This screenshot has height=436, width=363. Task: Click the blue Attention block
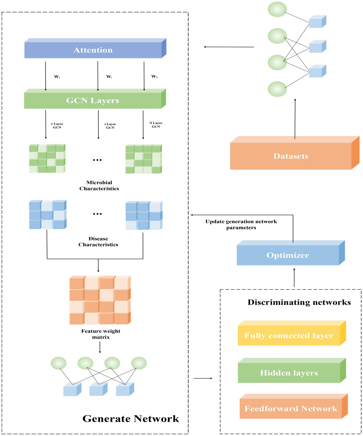93,50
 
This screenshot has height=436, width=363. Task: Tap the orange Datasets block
291,156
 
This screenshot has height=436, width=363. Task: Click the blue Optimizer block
288,255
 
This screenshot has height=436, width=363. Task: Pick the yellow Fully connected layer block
289,336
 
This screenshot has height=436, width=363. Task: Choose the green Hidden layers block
289,373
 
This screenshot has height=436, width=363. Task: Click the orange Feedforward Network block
291,408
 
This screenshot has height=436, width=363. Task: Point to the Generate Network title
131,418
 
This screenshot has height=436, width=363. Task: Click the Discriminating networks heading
299,302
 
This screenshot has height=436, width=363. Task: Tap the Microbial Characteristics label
99,185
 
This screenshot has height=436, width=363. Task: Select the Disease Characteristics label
98,241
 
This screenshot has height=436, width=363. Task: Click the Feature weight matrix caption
101,334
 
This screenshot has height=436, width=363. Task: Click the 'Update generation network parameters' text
241,225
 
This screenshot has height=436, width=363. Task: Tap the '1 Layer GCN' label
57,126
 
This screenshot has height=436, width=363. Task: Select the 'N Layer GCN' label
156,125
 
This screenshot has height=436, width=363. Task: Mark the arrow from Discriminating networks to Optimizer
294,277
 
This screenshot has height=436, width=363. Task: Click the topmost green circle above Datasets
277,9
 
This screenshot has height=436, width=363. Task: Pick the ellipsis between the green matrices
97,160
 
